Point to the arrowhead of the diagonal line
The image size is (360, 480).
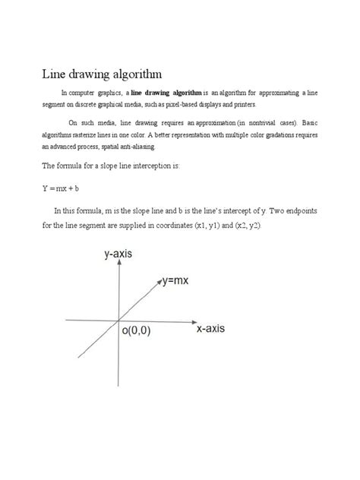click(159, 281)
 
